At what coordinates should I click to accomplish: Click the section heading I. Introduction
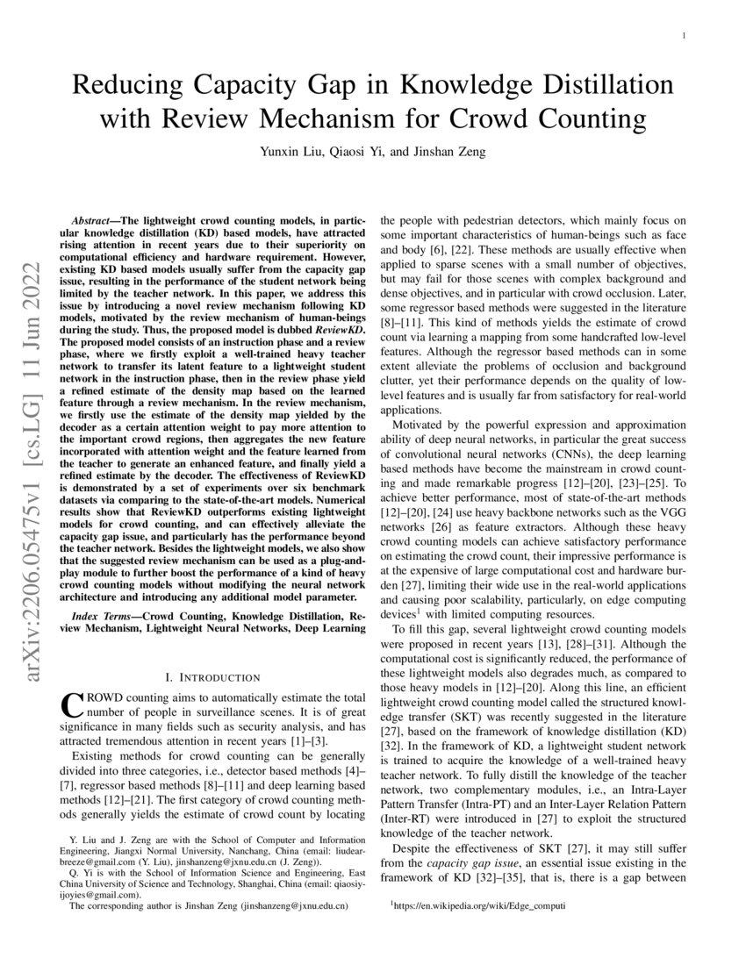pyautogui.click(x=212, y=677)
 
